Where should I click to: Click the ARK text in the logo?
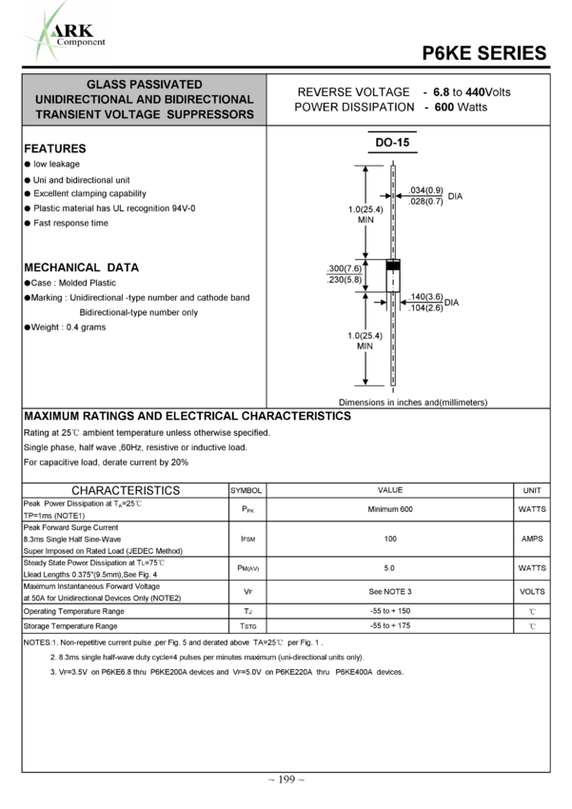(x=78, y=30)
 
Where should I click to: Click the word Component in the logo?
(x=81, y=42)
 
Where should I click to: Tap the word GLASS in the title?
(x=107, y=85)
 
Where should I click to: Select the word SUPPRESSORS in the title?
(x=214, y=115)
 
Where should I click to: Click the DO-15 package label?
(x=392, y=143)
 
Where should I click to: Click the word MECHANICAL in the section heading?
(x=62, y=268)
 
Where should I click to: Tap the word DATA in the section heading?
(x=123, y=268)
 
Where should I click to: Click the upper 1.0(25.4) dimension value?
(x=365, y=210)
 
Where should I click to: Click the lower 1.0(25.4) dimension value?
(x=365, y=336)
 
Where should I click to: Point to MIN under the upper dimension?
(x=365, y=221)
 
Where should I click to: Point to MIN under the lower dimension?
(x=365, y=346)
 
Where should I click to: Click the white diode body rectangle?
(x=392, y=281)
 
